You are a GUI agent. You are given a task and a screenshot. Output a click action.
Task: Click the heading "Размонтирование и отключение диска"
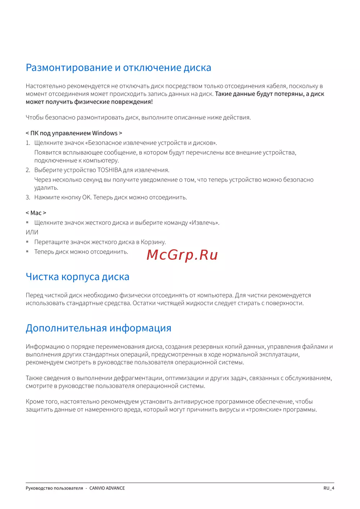click(x=118, y=68)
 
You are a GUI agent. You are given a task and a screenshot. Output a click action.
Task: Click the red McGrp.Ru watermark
click(x=182, y=255)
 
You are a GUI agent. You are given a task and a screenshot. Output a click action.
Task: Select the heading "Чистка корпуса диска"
click(x=77, y=277)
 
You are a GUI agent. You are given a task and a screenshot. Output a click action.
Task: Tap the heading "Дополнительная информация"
click(x=98, y=328)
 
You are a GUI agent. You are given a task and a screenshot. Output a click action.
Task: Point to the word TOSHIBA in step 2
click(x=109, y=170)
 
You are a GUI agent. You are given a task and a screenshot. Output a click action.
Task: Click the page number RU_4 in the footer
click(x=329, y=488)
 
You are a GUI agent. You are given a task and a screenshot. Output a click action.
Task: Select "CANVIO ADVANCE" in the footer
click(x=107, y=488)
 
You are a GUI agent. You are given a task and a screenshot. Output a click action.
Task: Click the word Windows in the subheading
click(x=105, y=133)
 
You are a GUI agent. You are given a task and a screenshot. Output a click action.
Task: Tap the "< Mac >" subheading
click(x=36, y=213)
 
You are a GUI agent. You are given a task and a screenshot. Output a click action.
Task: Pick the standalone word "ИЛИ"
click(x=32, y=232)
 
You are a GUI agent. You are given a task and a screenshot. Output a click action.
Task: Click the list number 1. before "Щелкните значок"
click(x=28, y=143)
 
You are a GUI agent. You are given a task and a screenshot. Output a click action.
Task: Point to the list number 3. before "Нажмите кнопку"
click(x=28, y=197)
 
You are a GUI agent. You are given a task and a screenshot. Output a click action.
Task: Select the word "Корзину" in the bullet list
click(x=153, y=242)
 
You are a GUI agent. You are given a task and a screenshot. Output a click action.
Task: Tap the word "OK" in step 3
click(x=86, y=197)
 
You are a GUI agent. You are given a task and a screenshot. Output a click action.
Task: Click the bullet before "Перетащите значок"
click(x=27, y=242)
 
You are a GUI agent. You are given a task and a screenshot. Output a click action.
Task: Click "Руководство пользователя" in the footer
click(x=54, y=488)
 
